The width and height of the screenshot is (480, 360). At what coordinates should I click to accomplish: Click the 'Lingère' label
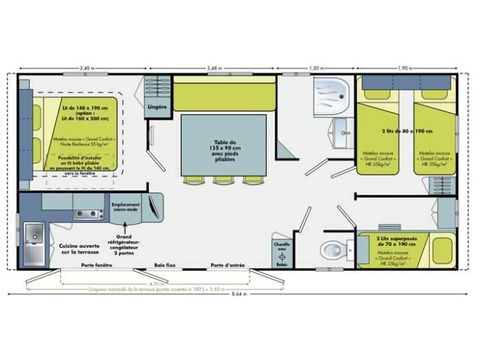coord(156,105)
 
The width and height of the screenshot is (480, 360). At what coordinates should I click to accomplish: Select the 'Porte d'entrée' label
coord(230,265)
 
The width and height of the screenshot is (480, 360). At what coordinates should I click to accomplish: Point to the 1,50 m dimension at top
coord(316,68)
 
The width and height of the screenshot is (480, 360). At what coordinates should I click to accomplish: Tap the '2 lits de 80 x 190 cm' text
coord(405,132)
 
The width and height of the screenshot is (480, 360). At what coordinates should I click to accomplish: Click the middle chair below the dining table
coord(224,182)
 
